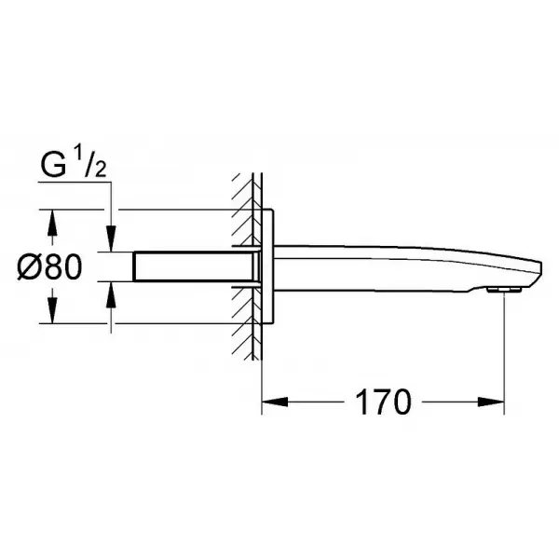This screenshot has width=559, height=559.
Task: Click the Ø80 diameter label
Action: click(49, 267)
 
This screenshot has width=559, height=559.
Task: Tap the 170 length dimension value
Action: click(383, 402)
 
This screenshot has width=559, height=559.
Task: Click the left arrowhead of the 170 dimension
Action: click(275, 402)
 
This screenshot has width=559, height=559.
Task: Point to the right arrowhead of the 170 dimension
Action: click(491, 402)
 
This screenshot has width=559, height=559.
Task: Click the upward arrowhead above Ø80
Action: click(52, 223)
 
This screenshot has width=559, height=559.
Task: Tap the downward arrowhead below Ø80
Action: click(52, 310)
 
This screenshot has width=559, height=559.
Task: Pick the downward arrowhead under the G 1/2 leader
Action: click(112, 239)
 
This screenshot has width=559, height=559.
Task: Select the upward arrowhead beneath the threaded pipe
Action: click(112, 294)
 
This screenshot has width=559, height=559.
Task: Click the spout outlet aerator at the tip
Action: click(504, 290)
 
